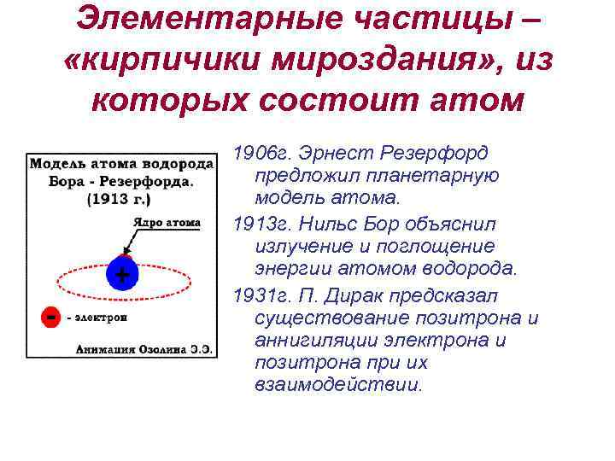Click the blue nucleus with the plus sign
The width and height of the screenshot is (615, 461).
pos(122,275)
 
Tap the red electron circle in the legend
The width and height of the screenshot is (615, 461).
pos(51,317)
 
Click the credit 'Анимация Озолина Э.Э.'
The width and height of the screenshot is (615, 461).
pos(143,348)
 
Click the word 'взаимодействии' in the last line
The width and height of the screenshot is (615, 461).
pos(337,385)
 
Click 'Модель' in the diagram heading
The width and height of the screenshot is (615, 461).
pos(56,163)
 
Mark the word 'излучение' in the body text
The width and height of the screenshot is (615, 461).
pos(302,247)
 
